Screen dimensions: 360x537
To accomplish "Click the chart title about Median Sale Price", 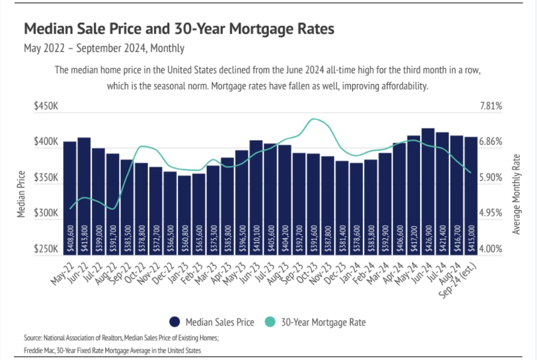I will [x=179, y=29].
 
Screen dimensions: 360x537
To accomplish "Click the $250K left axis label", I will [x=46, y=249].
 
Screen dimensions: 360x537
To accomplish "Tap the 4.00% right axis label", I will [x=491, y=249].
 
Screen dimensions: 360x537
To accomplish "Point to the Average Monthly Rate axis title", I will [x=516, y=194].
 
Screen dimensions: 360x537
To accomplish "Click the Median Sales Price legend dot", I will [x=175, y=322].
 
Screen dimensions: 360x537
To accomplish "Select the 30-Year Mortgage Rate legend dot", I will [x=270, y=322].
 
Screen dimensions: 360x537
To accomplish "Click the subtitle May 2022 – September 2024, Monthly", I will [x=104, y=48].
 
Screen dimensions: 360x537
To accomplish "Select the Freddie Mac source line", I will [x=112, y=350].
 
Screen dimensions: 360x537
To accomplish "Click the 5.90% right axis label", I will [x=491, y=178].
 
